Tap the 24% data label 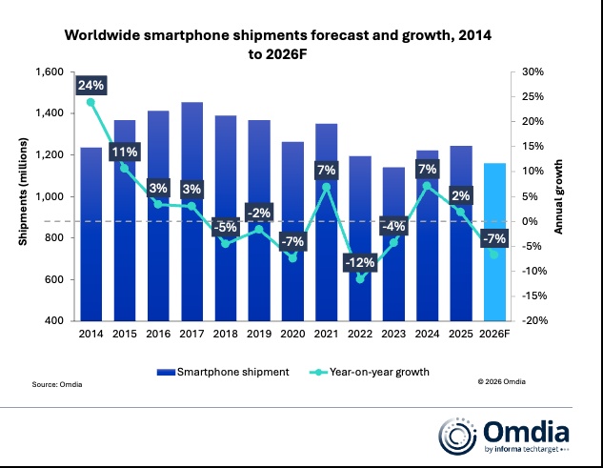(91, 85)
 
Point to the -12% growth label (360, 262)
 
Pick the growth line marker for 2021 (327, 187)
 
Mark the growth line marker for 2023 (392, 242)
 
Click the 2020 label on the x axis (293, 335)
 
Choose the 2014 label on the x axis (91, 335)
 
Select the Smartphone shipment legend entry (231, 372)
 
